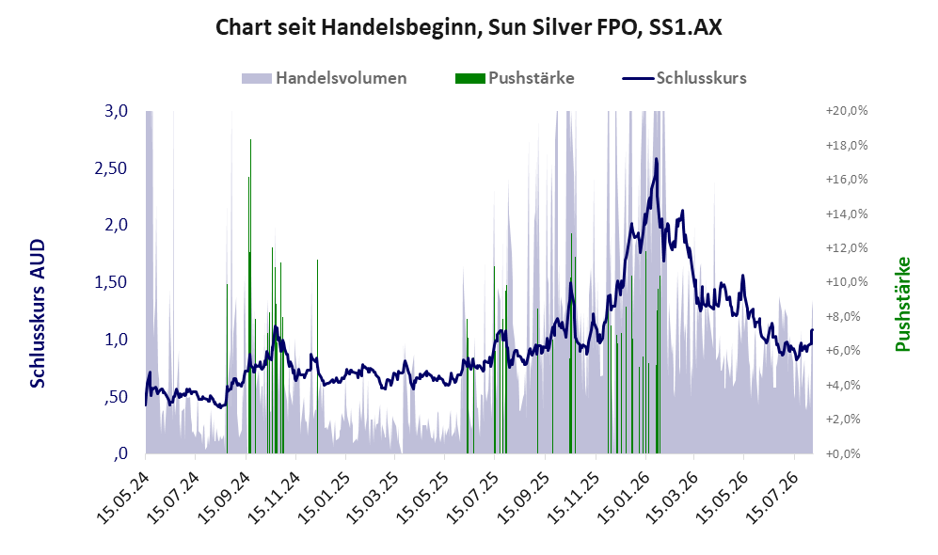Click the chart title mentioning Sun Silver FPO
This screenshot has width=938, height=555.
[x=469, y=27]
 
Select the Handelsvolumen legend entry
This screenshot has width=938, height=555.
[x=325, y=78]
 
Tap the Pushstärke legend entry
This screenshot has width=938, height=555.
[x=515, y=78]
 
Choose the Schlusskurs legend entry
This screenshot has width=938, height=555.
[x=684, y=78]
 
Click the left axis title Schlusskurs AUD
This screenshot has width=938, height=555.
[x=38, y=313]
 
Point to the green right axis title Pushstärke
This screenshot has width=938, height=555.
[x=902, y=304]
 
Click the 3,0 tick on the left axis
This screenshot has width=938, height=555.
[x=116, y=111]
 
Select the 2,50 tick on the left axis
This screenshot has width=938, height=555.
[x=111, y=168]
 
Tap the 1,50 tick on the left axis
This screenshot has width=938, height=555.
[x=111, y=282]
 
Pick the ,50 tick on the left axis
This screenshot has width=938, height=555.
[x=116, y=397]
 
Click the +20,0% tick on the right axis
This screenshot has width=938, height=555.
[x=847, y=111]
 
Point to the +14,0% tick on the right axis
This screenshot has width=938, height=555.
[x=847, y=214]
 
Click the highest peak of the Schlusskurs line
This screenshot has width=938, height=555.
[x=657, y=158]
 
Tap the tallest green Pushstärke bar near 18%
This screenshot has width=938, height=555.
[x=250, y=296]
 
